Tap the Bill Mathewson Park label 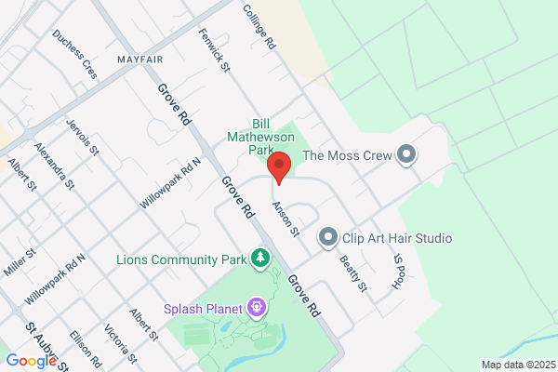point(263,137)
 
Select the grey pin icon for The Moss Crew point(405,155)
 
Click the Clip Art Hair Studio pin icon point(326,239)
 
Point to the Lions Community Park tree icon point(263,258)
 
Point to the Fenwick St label point(213,46)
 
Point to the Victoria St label point(120,343)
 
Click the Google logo point(31,361)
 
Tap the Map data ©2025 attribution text point(517,364)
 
